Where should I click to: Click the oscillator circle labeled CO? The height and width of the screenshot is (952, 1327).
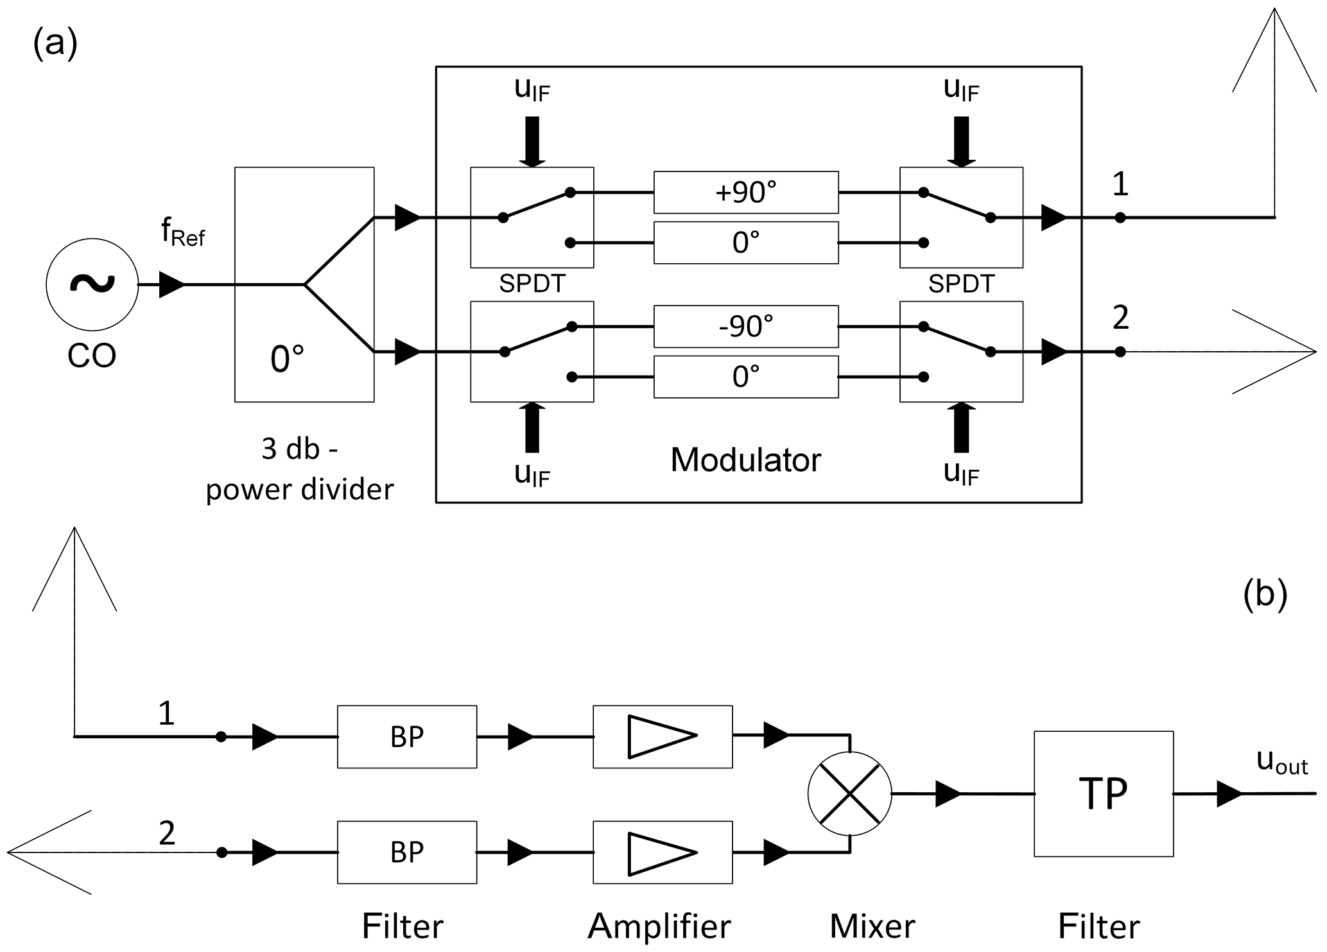coord(92,284)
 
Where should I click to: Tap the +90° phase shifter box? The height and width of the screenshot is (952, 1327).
coord(746,192)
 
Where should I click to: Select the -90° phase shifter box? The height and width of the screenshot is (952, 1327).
coord(746,326)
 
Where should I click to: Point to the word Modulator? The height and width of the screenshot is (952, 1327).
coord(745,460)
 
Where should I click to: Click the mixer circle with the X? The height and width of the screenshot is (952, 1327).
coord(849,793)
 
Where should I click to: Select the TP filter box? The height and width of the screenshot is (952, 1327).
coord(1103,793)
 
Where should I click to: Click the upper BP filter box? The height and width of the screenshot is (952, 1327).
coord(407,736)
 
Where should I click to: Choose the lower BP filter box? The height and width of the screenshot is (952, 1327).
coord(407,852)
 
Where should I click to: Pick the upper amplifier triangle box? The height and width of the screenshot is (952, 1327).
coord(663,736)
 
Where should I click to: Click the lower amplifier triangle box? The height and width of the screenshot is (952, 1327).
coord(663,852)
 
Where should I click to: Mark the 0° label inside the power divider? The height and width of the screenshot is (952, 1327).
coord(287,359)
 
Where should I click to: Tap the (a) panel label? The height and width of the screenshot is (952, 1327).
coord(55,45)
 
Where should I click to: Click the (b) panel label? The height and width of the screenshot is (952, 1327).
coord(1265,595)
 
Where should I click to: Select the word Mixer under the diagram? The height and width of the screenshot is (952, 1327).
coord(872,926)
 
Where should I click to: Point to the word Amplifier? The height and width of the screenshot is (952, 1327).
coord(659,926)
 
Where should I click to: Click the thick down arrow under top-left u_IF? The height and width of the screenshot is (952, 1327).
coord(532,141)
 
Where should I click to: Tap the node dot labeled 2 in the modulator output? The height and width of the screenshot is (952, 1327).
coord(1120,352)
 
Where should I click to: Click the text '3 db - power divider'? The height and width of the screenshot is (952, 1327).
coord(300,469)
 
